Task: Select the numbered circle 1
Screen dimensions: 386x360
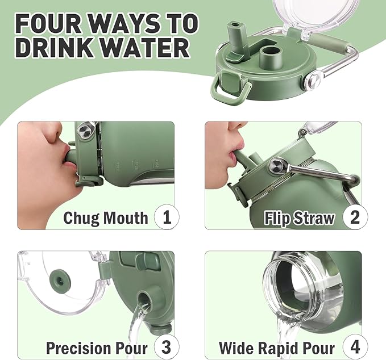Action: pyautogui.click(x=167, y=217)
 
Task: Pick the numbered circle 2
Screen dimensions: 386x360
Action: pyautogui.click(x=355, y=217)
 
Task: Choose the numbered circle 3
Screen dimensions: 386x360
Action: pyautogui.click(x=167, y=347)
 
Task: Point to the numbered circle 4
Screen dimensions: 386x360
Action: pyautogui.click(x=355, y=347)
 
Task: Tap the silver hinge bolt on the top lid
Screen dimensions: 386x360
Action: pyautogui.click(x=313, y=79)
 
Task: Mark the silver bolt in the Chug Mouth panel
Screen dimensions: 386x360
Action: pyautogui.click(x=85, y=130)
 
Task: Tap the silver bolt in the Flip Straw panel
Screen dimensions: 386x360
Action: pyautogui.click(x=277, y=165)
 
